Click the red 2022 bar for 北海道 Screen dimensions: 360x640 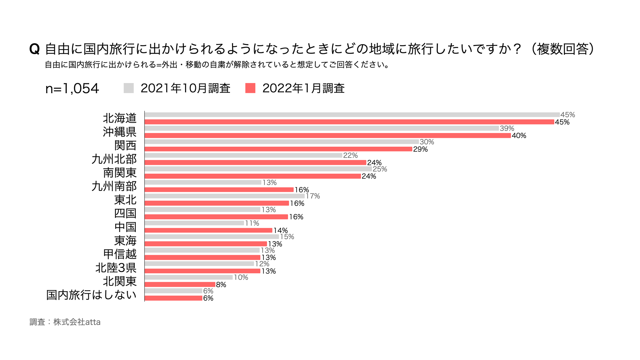tap(349, 122)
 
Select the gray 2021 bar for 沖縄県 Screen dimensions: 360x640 tap(322, 128)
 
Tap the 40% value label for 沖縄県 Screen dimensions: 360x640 tap(519, 136)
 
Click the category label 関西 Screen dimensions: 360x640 tap(125, 146)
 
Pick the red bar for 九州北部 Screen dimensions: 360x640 tap(255, 163)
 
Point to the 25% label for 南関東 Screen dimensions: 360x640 tap(380, 169)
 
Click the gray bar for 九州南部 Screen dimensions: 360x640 tap(203, 182)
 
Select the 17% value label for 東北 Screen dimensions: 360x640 tap(313, 196)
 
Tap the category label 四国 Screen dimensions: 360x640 tap(125, 213)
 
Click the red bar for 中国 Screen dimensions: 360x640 tap(208, 230)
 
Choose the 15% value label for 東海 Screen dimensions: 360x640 tap(287, 237)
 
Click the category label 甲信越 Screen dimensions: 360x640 tap(120, 254)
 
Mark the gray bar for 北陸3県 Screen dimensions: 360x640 tap(199, 264)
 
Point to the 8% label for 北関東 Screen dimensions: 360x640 tap(221, 285)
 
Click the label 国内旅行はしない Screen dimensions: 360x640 tap(91, 295)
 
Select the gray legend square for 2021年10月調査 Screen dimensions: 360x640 tap(129, 88)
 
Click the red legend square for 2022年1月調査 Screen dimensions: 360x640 tap(250, 88)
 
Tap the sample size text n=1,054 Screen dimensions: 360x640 tap(72, 88)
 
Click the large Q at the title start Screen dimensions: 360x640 tap(34, 49)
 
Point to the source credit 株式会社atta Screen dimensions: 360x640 tap(77, 322)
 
